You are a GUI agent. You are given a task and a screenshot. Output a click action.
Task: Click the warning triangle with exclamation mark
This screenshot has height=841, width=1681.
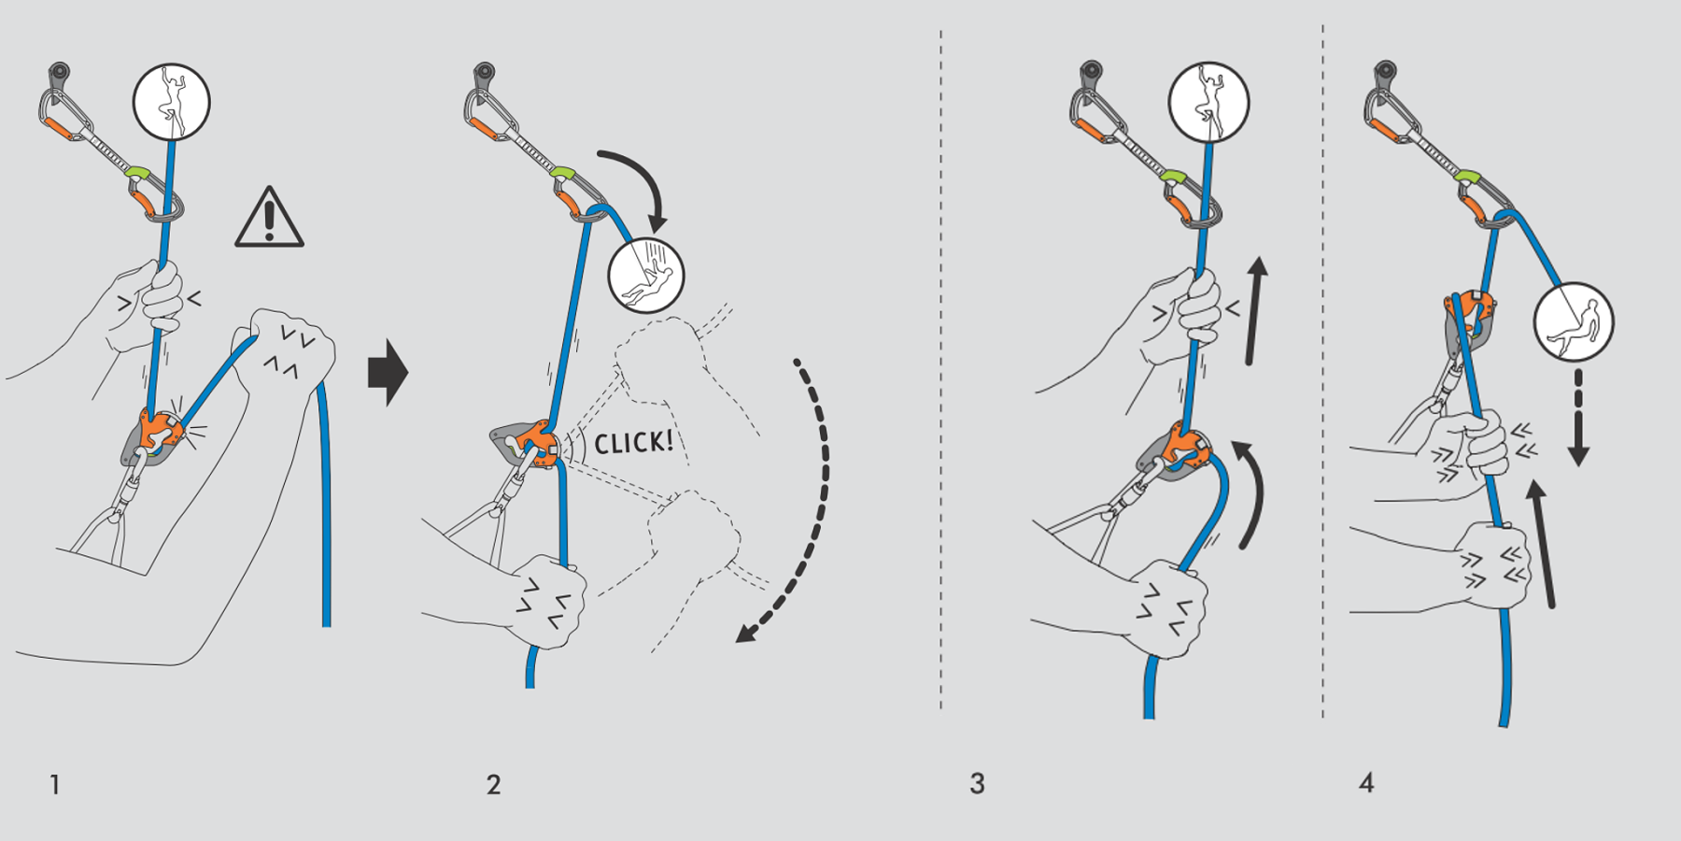click(x=269, y=221)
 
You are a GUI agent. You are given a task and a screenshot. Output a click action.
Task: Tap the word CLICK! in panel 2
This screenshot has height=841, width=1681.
click(x=634, y=441)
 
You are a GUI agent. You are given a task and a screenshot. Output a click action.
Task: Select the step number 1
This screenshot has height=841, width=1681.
click(x=55, y=784)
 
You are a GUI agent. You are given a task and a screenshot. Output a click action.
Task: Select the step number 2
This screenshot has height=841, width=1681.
click(x=494, y=784)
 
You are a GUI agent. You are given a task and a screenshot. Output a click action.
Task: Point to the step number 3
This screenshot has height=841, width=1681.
click(x=977, y=783)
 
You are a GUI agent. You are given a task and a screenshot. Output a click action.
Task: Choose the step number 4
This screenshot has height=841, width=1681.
click(x=1366, y=783)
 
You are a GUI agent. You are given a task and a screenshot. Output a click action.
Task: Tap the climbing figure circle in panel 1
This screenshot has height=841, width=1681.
click(x=172, y=102)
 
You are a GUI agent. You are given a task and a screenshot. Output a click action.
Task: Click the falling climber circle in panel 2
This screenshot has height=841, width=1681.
click(x=646, y=275)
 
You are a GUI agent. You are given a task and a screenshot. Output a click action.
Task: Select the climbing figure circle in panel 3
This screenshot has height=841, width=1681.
click(x=1208, y=102)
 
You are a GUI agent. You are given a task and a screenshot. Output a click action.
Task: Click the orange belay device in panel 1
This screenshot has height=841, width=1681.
click(x=155, y=435)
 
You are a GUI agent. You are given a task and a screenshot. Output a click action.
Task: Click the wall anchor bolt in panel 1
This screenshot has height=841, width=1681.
click(x=59, y=72)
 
